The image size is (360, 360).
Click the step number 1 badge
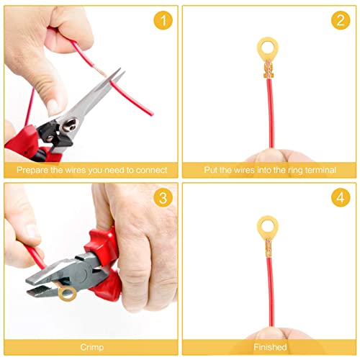coord(163,20)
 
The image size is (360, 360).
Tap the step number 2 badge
coord(341,20)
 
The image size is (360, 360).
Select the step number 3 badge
coord(163,198)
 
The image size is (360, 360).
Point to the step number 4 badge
coord(341,198)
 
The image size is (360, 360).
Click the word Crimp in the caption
coord(92,347)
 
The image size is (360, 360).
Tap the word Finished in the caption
coord(270,347)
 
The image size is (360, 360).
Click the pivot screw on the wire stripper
coord(70,125)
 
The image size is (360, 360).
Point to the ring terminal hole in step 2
coord(268,48)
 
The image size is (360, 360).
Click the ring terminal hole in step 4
coord(268,226)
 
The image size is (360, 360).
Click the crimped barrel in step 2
coord(269,69)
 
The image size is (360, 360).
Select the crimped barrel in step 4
coord(269,248)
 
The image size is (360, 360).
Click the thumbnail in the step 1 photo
coord(53,107)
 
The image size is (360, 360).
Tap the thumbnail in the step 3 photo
coord(32,232)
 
